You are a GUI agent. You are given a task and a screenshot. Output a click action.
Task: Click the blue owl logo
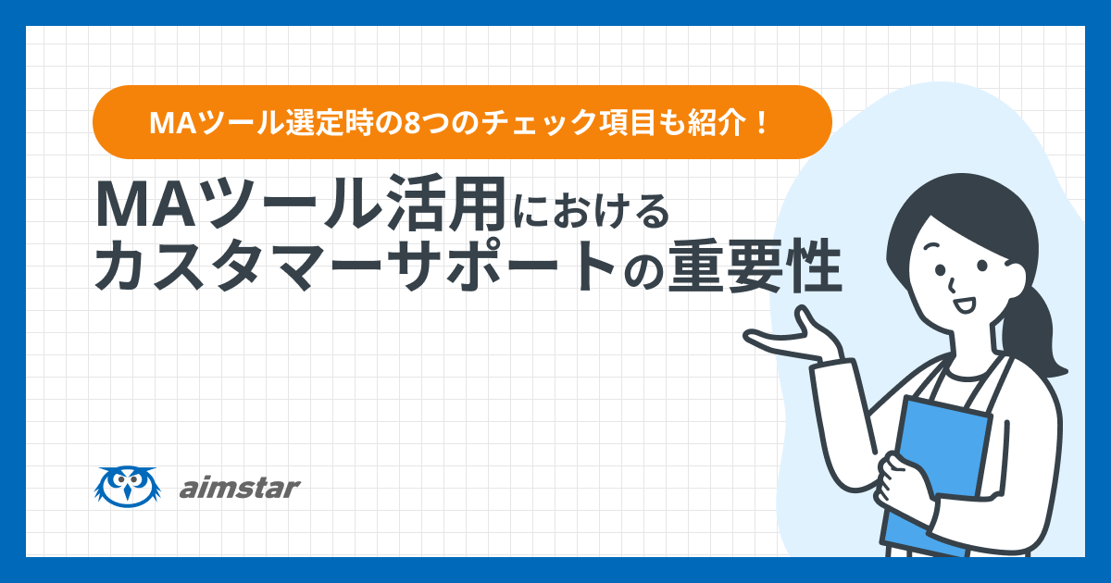(x=128, y=487)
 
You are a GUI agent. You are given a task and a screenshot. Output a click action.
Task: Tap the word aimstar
(x=240, y=488)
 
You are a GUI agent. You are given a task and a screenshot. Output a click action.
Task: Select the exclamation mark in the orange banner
(x=763, y=122)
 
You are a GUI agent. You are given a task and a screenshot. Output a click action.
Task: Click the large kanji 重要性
(x=755, y=267)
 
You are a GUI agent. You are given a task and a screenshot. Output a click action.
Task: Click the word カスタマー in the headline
(x=237, y=267)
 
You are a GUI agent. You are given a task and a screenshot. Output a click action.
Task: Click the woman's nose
(x=951, y=285)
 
